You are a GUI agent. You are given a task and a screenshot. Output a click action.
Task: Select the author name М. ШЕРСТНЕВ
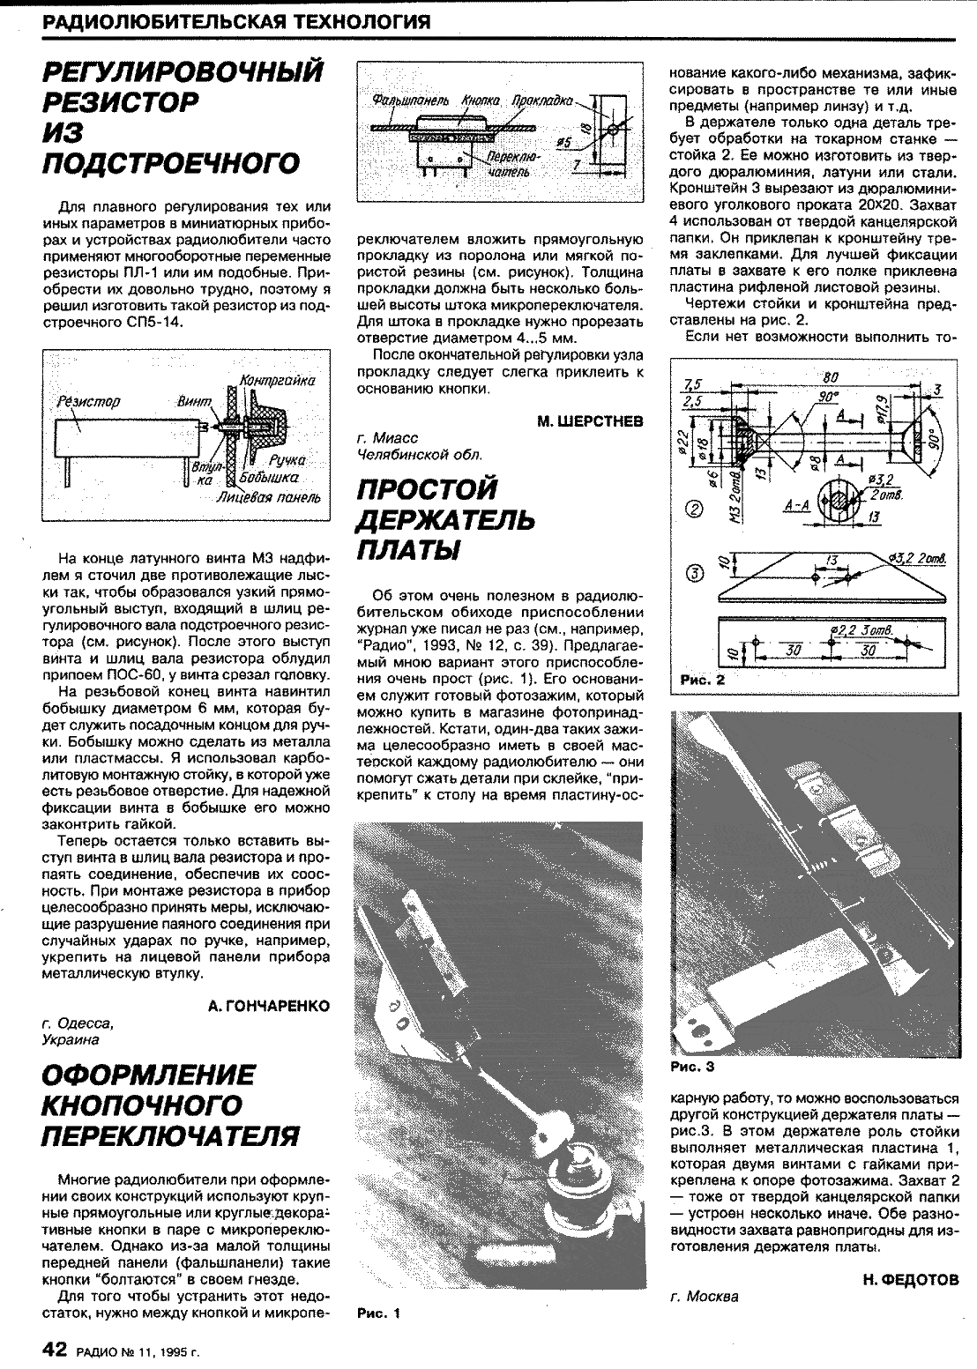tap(590, 420)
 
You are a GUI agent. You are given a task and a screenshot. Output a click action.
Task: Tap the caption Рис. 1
tap(378, 1313)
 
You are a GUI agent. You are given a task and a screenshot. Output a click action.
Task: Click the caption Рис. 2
tap(703, 681)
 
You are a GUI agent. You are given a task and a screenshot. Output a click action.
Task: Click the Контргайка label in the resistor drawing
tap(278, 381)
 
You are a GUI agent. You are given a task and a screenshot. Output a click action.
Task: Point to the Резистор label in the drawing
tap(88, 401)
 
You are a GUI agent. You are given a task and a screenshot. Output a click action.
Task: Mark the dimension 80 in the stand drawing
tap(829, 378)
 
